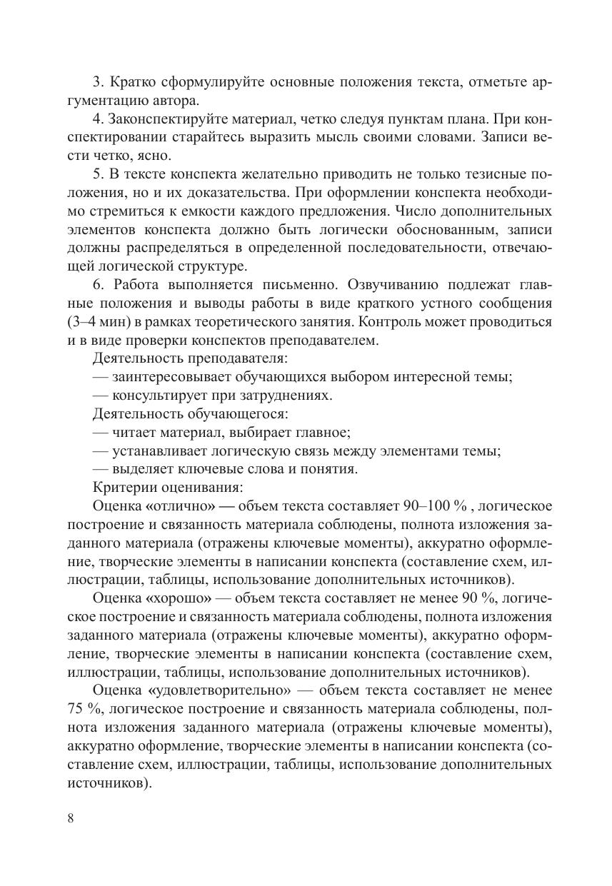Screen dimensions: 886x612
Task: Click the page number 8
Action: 70,818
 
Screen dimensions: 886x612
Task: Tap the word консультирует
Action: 159,396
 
